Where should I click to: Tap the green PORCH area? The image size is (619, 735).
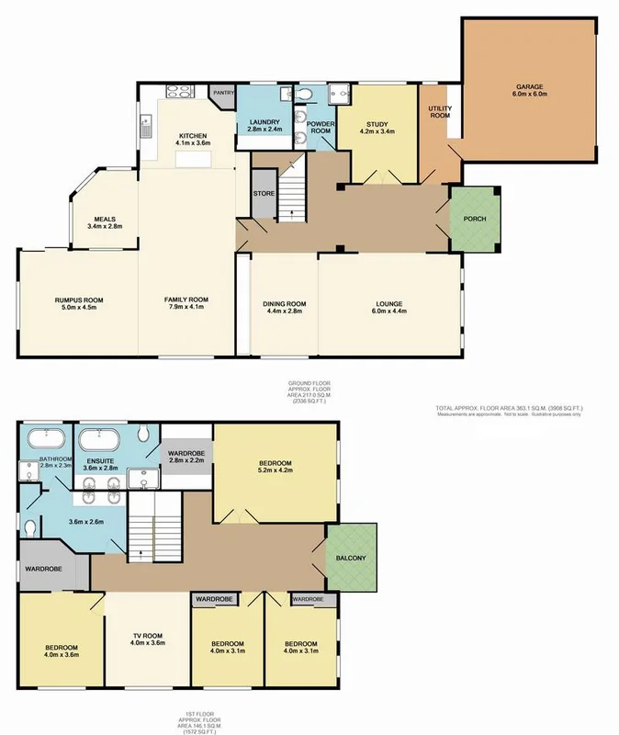point(475,219)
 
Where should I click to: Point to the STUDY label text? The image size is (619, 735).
point(377,124)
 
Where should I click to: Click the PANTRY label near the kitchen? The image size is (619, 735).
point(223,92)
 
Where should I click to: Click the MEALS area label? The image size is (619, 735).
point(105,218)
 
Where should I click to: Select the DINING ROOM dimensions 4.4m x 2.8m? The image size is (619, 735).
point(285,312)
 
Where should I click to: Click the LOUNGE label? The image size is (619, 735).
point(389,304)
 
